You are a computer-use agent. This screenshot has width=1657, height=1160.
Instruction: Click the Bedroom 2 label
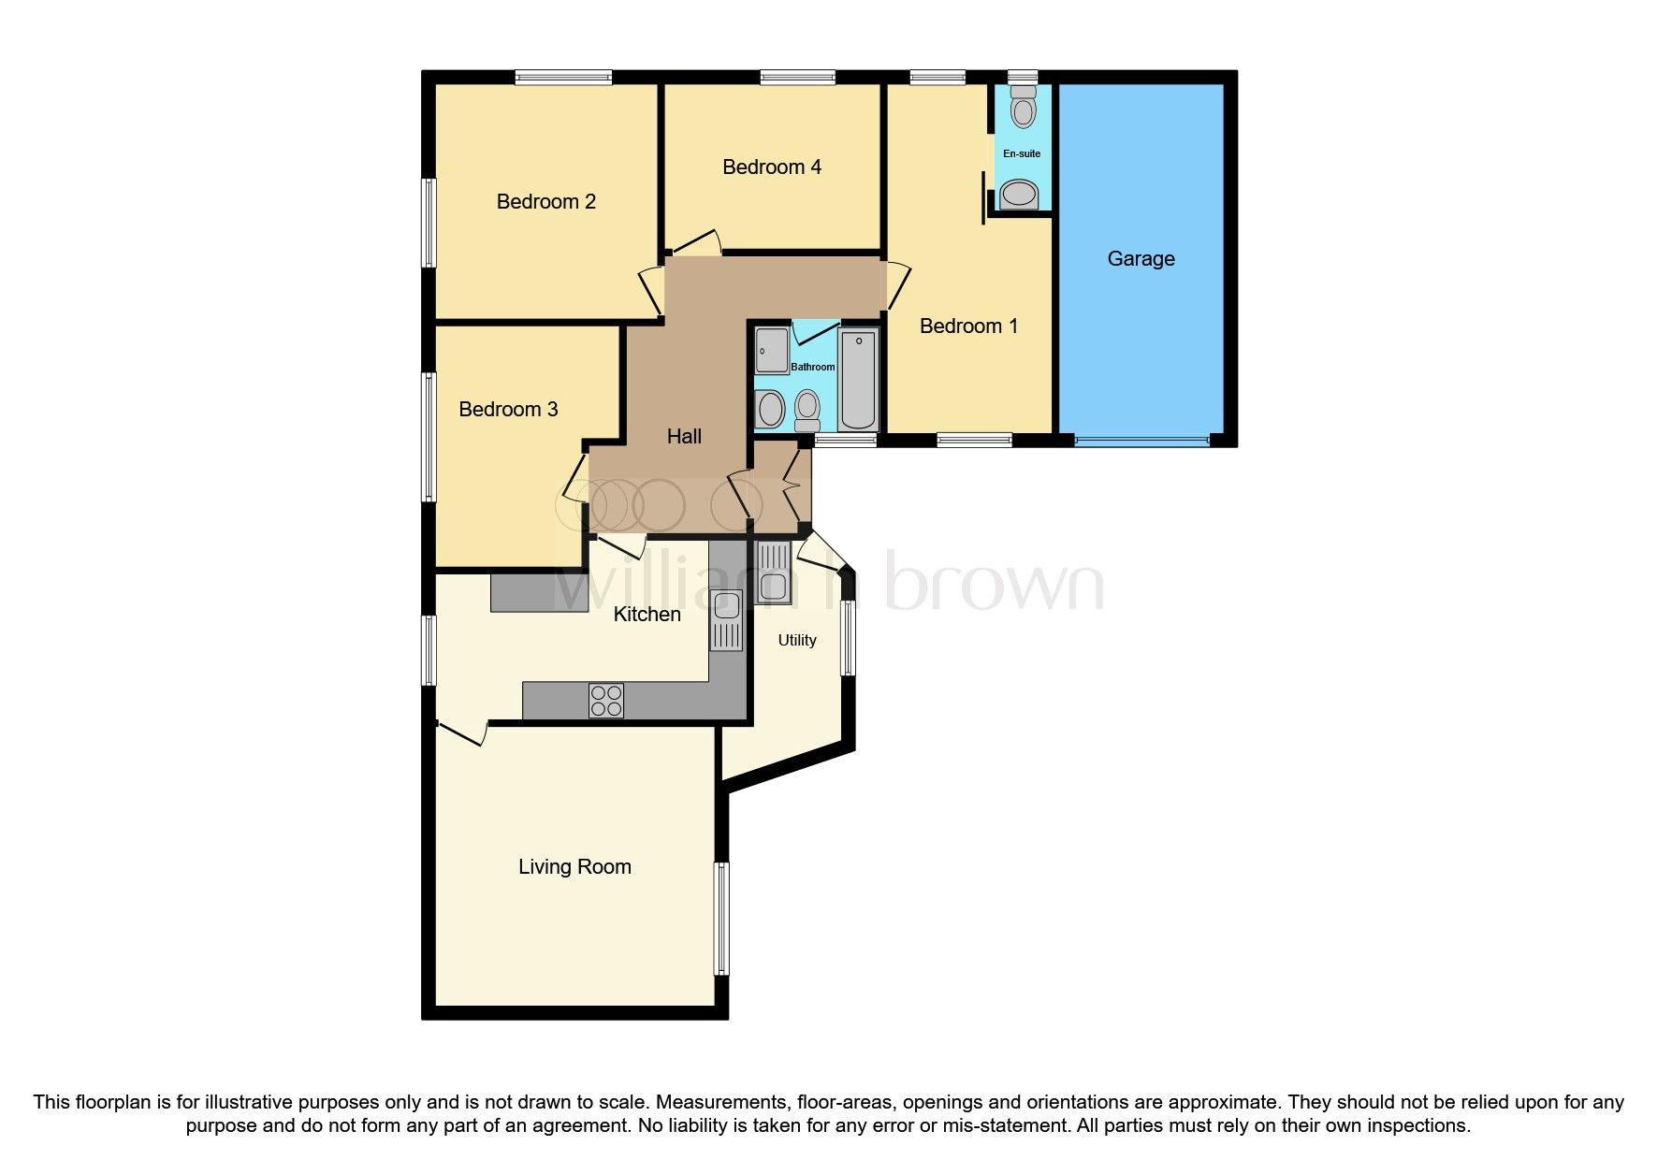tap(545, 202)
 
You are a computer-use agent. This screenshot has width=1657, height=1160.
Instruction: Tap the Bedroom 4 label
tap(772, 167)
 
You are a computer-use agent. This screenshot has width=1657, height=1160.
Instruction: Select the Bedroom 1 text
tap(968, 326)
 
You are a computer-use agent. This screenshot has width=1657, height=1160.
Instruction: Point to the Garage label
tap(1141, 259)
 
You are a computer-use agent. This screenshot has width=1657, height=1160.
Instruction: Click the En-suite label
tap(1022, 153)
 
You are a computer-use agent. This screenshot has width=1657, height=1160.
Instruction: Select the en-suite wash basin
tap(1020, 196)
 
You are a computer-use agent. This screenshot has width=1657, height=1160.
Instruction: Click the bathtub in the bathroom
tap(858, 379)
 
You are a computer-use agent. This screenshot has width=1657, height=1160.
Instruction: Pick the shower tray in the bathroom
tap(772, 350)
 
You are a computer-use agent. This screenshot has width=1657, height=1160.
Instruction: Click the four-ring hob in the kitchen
tap(606, 701)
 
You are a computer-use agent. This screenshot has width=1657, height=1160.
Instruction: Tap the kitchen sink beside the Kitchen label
tap(726, 619)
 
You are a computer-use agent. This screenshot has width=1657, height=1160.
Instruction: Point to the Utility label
tap(797, 641)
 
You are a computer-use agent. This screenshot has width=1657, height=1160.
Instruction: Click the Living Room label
tap(574, 867)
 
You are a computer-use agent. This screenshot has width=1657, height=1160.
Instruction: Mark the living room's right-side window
tap(721, 919)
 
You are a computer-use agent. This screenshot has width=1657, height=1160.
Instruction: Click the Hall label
tap(684, 437)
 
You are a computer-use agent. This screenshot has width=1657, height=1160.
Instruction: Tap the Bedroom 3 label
tap(508, 410)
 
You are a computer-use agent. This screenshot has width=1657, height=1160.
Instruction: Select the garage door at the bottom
tap(1141, 440)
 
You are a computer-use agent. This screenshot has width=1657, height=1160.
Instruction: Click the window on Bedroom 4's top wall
tap(797, 78)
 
